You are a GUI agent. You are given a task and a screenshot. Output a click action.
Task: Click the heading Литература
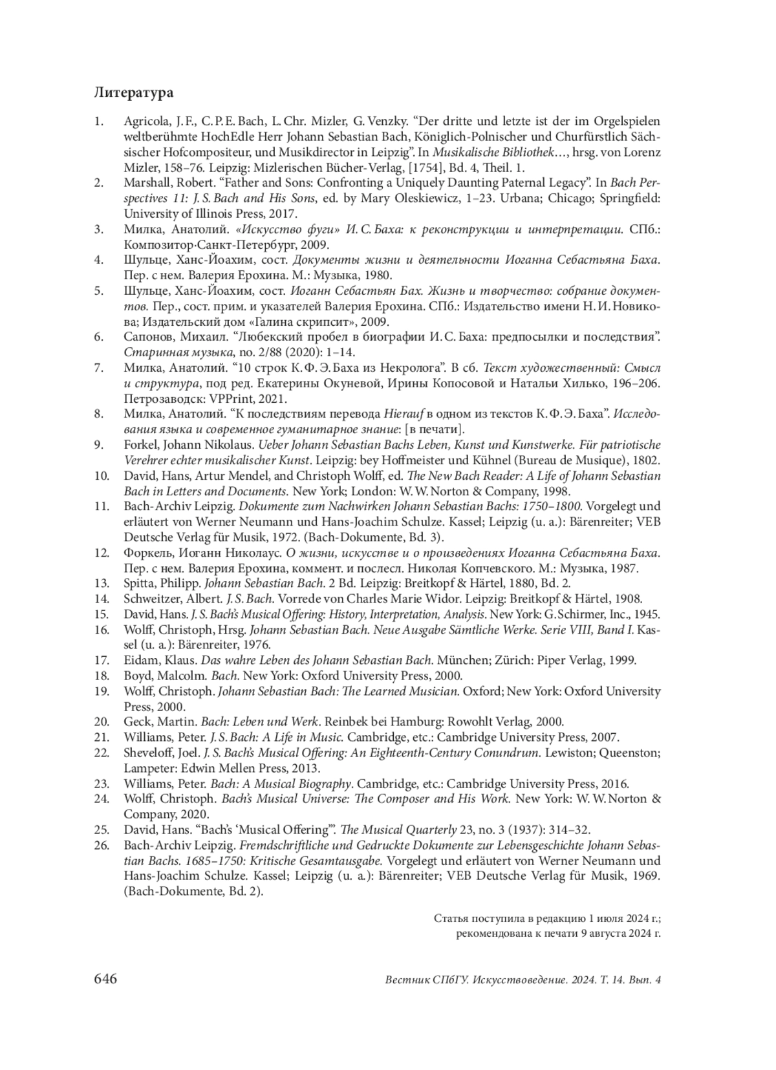pos(133,92)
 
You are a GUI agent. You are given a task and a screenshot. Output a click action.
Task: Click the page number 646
pos(105,979)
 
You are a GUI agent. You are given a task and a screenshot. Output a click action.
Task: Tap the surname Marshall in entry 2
pos(145,183)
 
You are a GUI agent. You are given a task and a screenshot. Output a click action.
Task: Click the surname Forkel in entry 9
pos(138,445)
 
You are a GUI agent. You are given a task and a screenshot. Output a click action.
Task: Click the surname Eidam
pos(140,660)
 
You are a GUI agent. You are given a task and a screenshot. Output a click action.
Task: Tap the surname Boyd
pos(137,676)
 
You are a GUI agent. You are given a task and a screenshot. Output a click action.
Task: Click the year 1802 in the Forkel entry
pos(647,460)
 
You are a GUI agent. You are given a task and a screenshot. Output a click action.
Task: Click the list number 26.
pos(102,845)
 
